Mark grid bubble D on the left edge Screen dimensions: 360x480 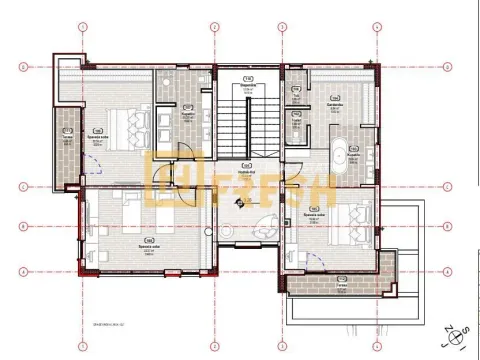tap(22, 67)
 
